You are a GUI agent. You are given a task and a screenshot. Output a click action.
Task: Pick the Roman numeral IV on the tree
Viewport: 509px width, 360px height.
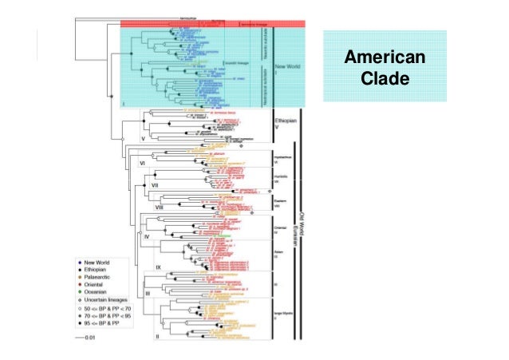pos(147,237)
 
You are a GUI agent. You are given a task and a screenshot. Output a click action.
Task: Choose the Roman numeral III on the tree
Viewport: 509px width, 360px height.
pos(148,295)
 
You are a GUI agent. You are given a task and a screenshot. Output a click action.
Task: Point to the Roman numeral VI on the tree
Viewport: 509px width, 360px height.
pos(144,163)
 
